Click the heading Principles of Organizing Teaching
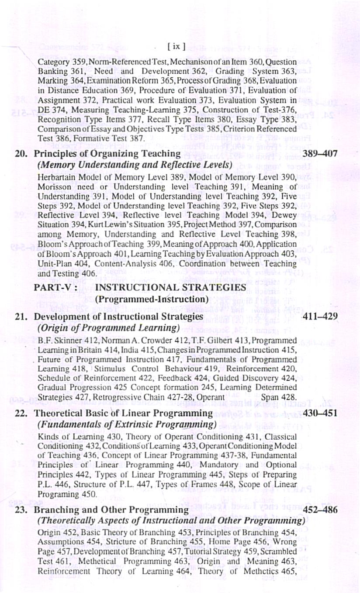pos(107,154)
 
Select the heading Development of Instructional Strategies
pos(118,316)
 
